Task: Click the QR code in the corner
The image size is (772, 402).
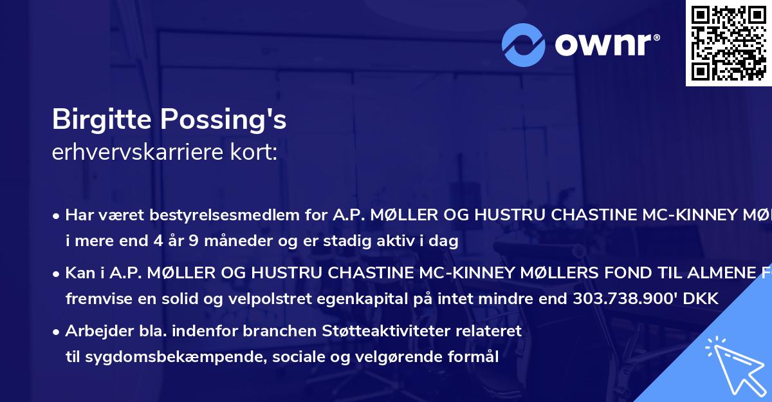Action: click(x=729, y=43)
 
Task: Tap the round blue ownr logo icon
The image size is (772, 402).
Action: click(x=524, y=44)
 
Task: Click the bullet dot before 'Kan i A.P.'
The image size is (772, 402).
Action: click(x=57, y=273)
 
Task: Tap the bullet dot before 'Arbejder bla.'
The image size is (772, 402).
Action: click(x=57, y=332)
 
